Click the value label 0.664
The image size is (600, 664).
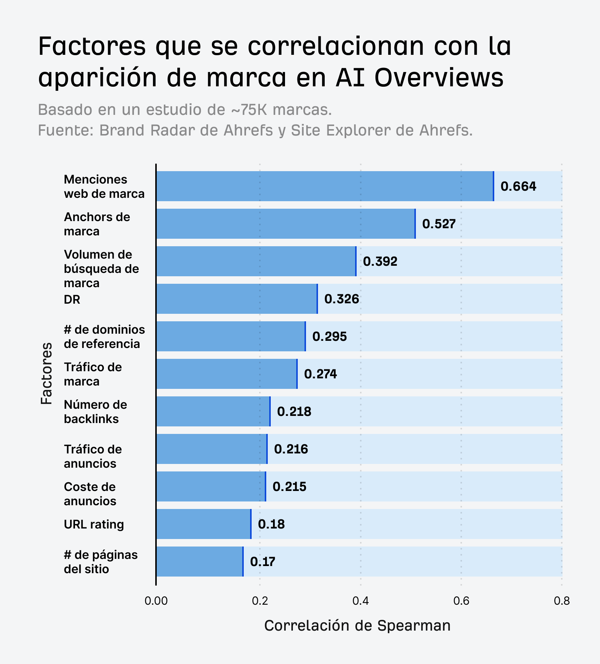pos(518,187)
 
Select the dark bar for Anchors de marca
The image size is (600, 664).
pos(285,224)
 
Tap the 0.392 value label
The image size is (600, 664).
pos(380,261)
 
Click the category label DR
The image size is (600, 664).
pos(72,300)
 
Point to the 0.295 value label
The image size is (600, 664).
pos(329,336)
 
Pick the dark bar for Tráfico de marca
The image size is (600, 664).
pos(226,374)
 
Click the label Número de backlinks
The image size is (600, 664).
pos(95,412)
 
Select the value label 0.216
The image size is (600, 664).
pos(291,449)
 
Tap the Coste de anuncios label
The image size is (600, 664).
pos(90,494)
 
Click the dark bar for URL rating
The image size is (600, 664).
pos(203,524)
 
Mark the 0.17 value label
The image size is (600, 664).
pos(262,562)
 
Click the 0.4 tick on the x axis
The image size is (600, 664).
pos(360,601)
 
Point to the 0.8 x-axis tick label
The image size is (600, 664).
pos(561,601)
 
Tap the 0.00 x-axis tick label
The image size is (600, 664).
pos(156,601)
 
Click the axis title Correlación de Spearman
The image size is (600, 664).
pos(357,626)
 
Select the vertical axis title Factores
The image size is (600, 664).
pos(46,373)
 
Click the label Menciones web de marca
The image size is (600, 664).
pos(104,187)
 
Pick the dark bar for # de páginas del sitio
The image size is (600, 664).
pos(199,562)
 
